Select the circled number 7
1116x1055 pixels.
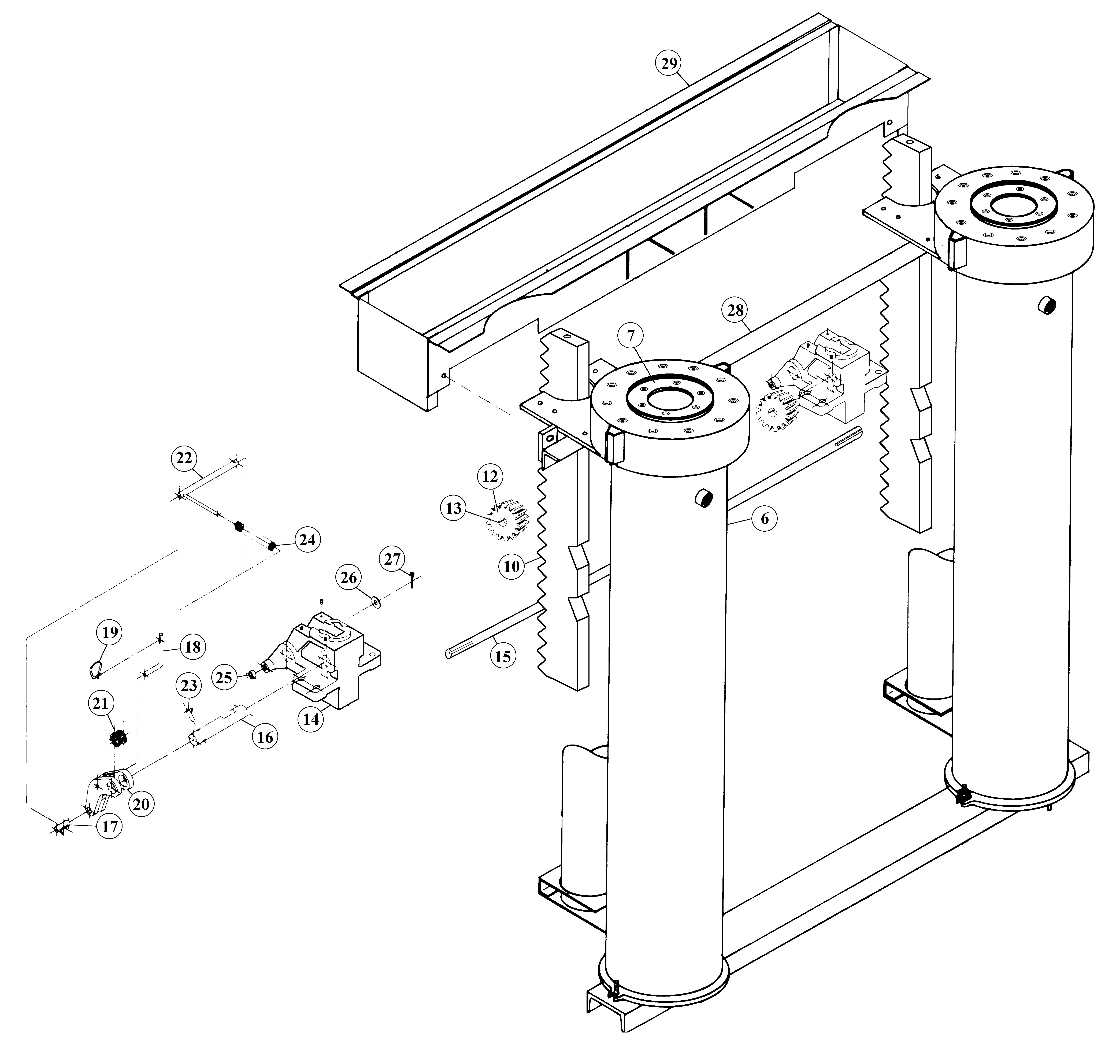631,336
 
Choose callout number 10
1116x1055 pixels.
512,566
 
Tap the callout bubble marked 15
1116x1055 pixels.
503,656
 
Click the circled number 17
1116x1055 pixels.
110,826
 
